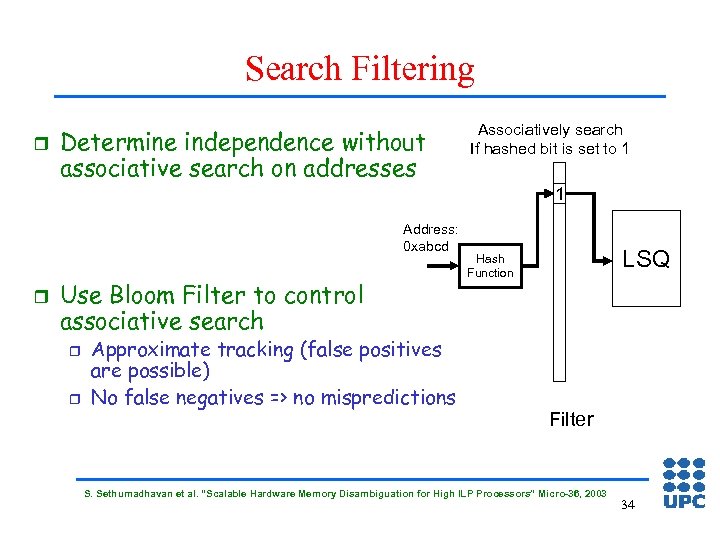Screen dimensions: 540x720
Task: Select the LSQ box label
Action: [x=646, y=259]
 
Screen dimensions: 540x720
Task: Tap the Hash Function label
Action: [x=490, y=265]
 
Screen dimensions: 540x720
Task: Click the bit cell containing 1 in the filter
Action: [x=561, y=194]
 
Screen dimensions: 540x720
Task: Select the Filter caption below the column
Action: [x=571, y=419]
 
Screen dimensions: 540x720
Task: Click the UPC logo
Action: [x=684, y=483]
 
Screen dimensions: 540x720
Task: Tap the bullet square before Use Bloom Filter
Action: [x=39, y=295]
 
